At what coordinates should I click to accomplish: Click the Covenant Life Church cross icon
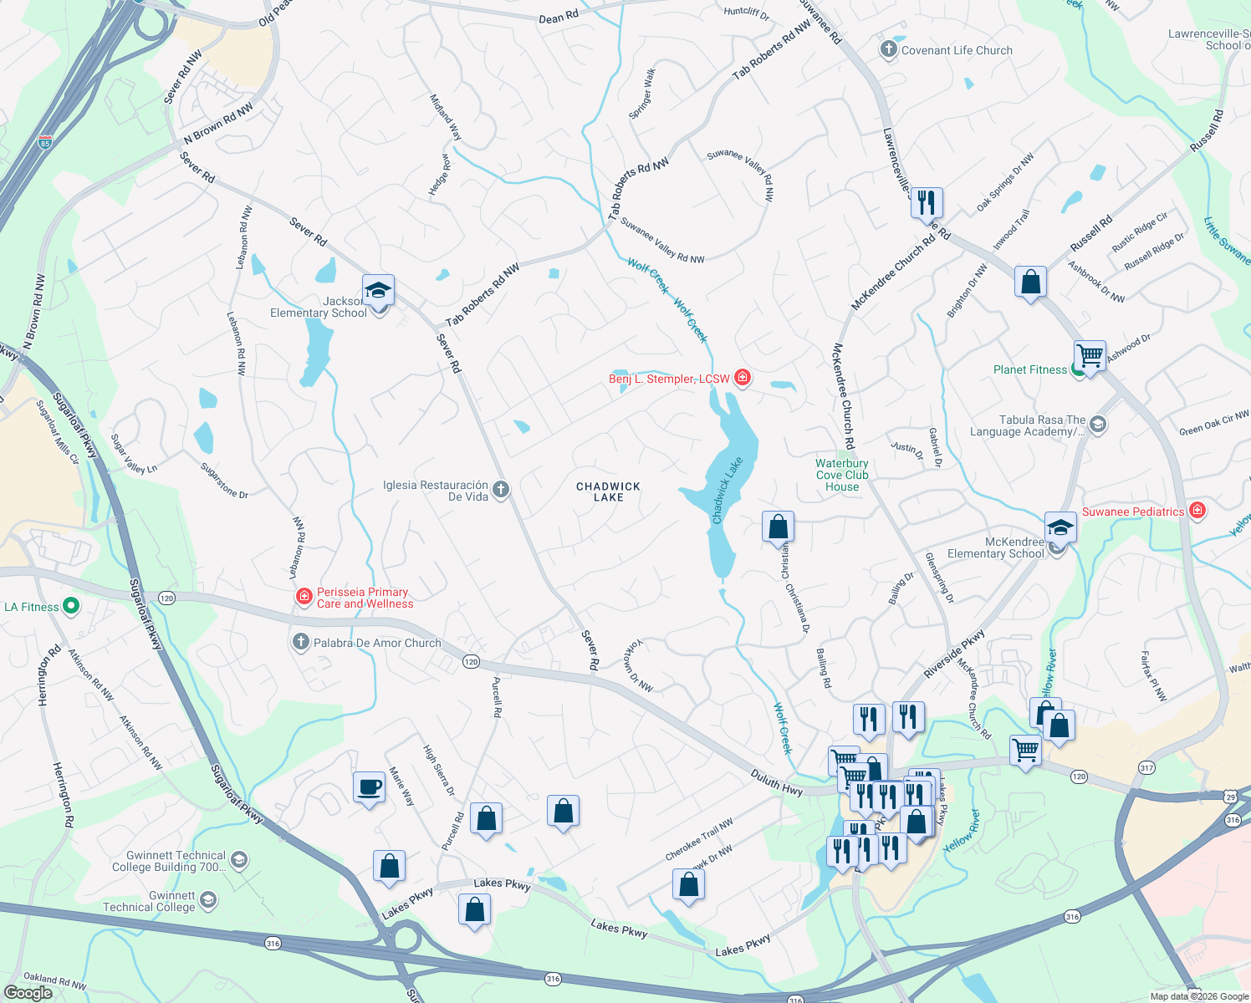tap(888, 49)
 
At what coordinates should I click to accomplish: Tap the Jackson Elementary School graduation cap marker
tap(378, 291)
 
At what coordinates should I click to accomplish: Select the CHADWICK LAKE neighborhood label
tap(608, 491)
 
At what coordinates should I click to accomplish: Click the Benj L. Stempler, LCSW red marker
tap(742, 378)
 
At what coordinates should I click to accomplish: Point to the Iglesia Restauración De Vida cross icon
tap(501, 490)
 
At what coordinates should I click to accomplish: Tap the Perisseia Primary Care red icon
tap(304, 597)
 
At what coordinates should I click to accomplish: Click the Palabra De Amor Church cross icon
tap(300, 642)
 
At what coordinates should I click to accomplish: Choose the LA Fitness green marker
tap(71, 606)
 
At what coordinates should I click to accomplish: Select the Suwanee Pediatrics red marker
tap(1197, 511)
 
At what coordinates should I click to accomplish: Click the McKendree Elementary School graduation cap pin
tap(1060, 528)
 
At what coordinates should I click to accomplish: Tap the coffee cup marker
tap(370, 787)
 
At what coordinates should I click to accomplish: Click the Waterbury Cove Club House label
tap(842, 475)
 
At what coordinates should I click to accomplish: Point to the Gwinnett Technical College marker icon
tap(207, 900)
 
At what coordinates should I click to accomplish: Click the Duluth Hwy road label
tap(776, 785)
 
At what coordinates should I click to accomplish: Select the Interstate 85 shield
tap(45, 143)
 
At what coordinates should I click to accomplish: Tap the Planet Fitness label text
tap(1030, 369)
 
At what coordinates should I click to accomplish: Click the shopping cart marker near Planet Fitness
tap(1090, 356)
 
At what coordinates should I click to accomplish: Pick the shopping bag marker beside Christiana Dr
tap(778, 527)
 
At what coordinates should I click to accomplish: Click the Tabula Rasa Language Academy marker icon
tap(1098, 425)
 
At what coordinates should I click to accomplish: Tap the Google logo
tap(28, 992)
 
